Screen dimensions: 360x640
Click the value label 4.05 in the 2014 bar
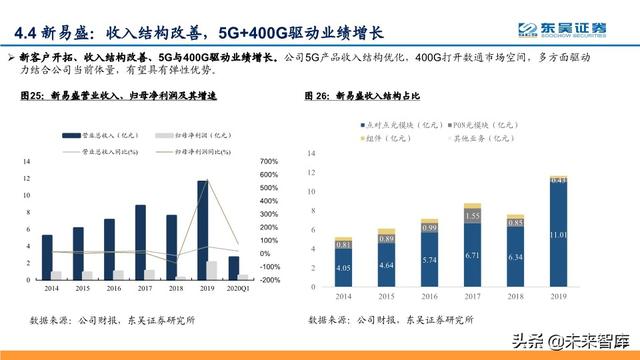click(x=343, y=268)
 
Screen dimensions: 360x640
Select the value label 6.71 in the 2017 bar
click(x=473, y=255)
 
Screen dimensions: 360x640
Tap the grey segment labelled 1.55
click(x=473, y=216)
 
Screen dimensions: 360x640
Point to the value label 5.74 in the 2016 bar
click(x=430, y=259)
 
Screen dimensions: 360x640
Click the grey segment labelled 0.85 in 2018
click(x=516, y=223)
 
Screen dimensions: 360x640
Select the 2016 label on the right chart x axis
click(x=430, y=297)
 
